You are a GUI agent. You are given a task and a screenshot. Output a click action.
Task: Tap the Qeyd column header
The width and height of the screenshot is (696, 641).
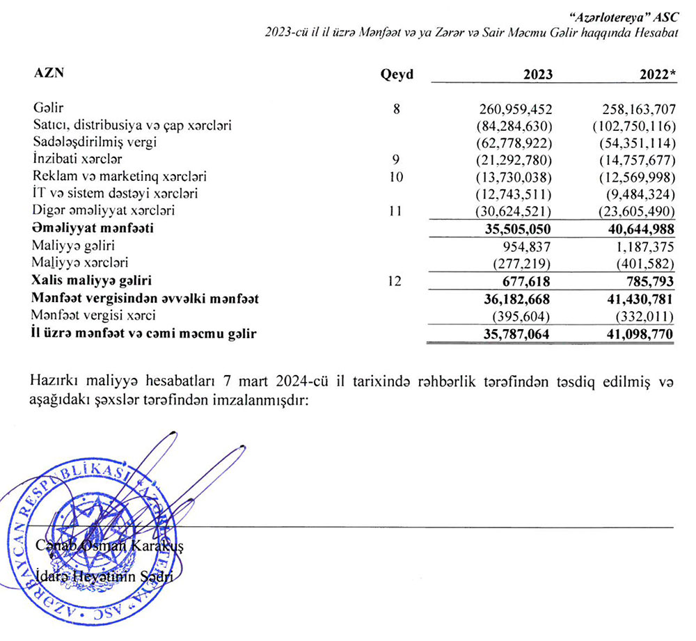tap(396, 75)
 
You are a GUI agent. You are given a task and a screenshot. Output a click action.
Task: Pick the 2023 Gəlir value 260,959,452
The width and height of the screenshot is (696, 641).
tap(516, 109)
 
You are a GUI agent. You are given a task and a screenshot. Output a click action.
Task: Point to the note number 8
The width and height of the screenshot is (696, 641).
tap(396, 109)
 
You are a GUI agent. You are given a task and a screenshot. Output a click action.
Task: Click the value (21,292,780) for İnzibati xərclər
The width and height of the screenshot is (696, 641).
tap(514, 159)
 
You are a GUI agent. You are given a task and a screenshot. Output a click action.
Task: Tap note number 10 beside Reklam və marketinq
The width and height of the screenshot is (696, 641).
tap(396, 176)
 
